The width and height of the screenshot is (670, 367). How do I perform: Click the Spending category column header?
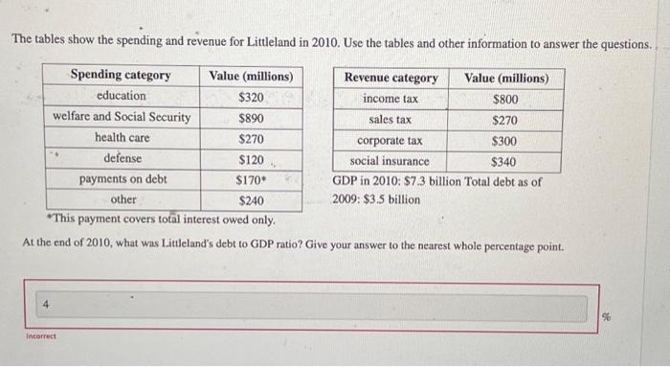pos(121,76)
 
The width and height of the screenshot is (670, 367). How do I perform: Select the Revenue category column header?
pos(391,78)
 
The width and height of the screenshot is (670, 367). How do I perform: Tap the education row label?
pos(122,96)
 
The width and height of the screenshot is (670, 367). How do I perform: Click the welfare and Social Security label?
pos(122,118)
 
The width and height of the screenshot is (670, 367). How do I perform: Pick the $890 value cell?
pos(252,118)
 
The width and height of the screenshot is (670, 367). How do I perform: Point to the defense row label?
pos(123,158)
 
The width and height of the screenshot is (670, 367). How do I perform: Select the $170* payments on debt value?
pos(251,179)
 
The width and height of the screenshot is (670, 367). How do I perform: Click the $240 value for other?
pos(252,200)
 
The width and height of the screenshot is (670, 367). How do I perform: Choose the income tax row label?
pos(391,99)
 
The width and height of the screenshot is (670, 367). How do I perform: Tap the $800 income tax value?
pos(505,99)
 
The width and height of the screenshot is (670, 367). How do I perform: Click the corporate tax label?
pos(390,141)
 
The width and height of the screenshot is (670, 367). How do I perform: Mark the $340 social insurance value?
pos(505,161)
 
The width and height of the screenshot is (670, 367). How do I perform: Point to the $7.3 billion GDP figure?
pos(425,181)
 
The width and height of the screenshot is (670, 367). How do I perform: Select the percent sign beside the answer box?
pos(632,317)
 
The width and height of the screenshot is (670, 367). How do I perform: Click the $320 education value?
pos(252,97)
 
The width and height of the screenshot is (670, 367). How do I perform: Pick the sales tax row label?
pos(391,120)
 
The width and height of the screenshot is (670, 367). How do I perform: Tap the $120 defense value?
pos(252,159)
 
